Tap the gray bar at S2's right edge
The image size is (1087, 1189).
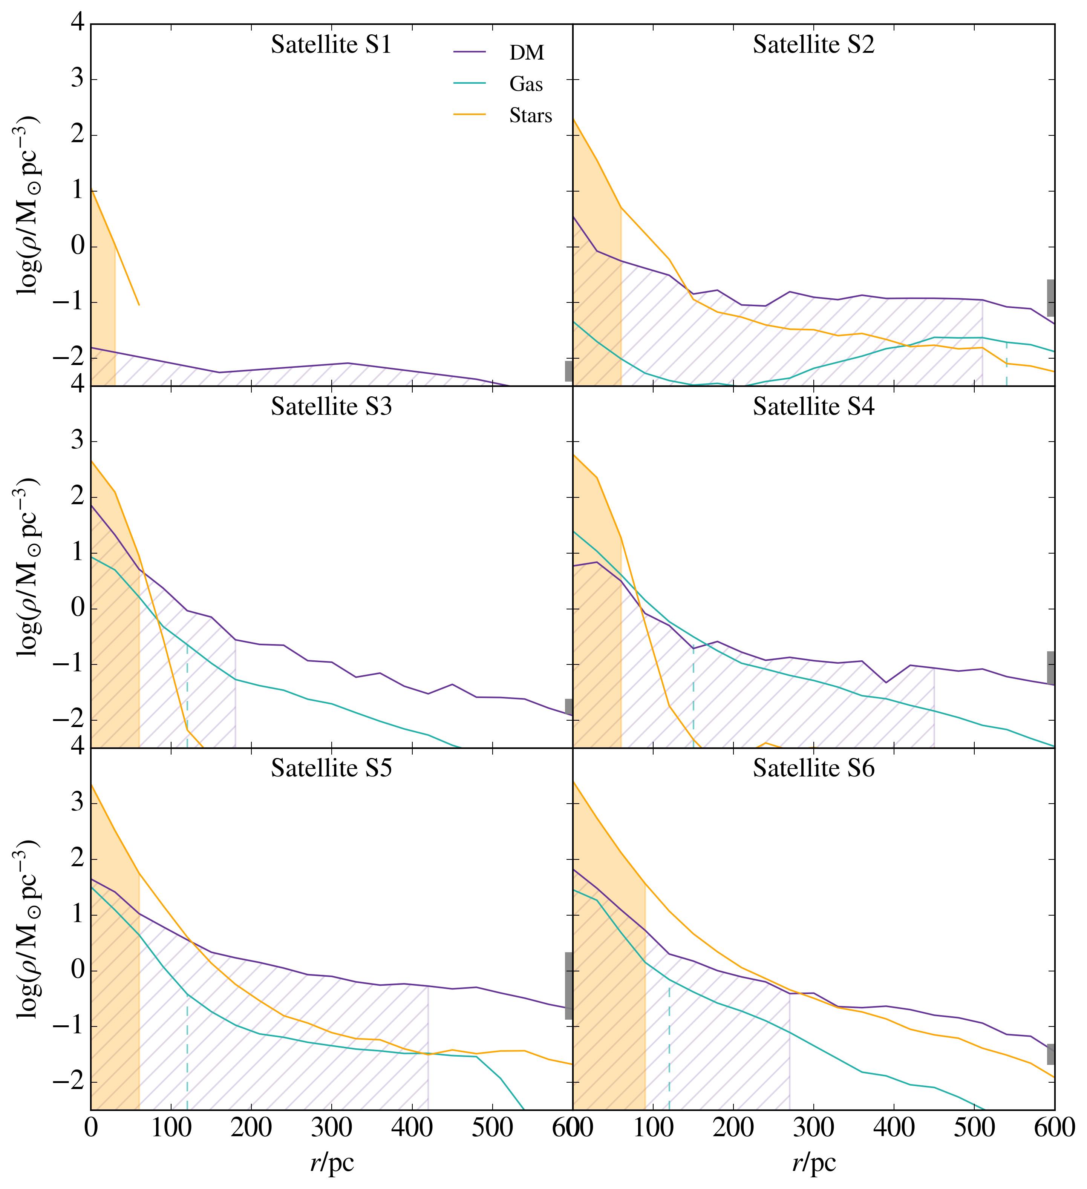point(1050,298)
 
